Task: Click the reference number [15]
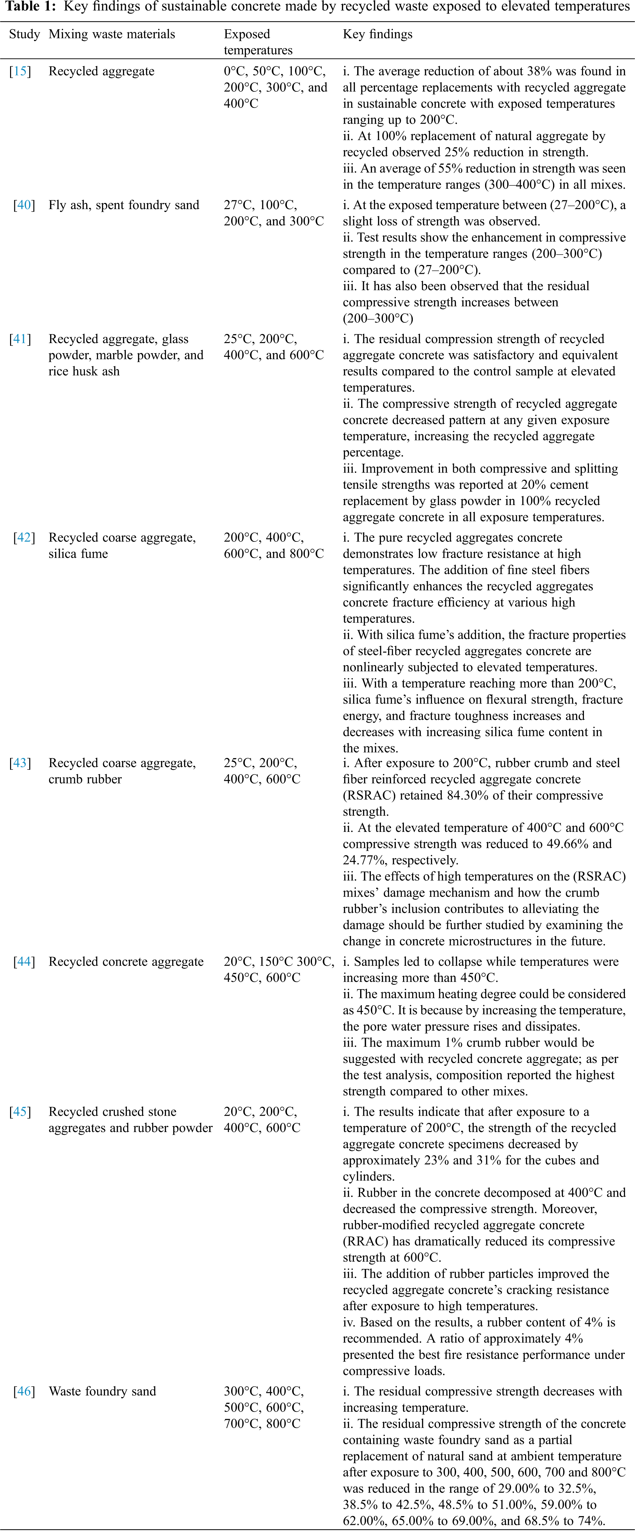[x=20, y=72]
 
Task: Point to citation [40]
[x=24, y=205]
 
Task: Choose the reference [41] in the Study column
[x=20, y=339]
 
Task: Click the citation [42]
[x=24, y=538]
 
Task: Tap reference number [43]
[x=20, y=764]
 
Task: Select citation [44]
[x=24, y=962]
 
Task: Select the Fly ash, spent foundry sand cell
[x=124, y=205]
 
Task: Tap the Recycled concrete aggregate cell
[x=126, y=962]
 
